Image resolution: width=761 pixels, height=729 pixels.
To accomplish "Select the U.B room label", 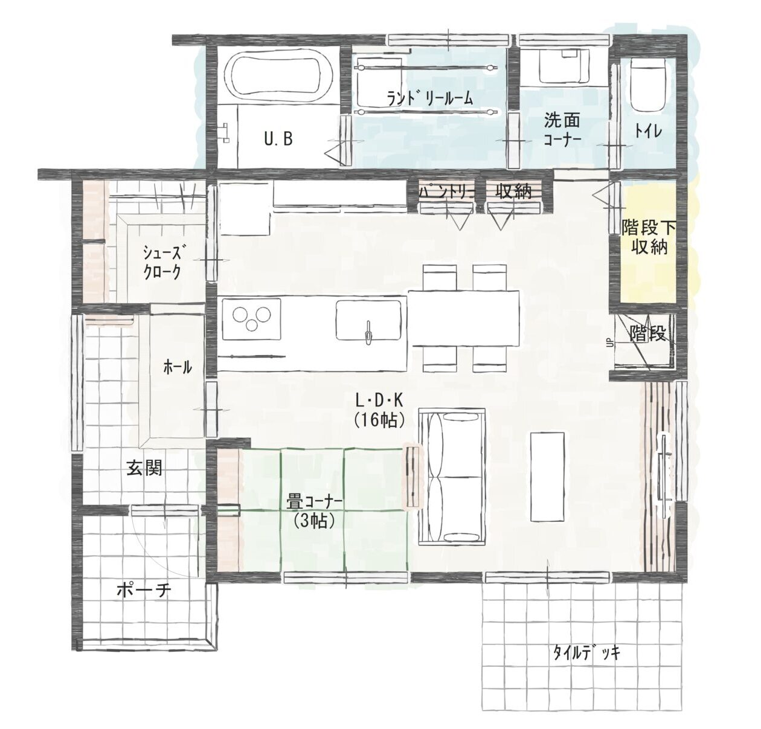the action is pyautogui.click(x=278, y=138).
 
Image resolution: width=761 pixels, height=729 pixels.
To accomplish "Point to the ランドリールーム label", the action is pyautogui.click(x=429, y=98).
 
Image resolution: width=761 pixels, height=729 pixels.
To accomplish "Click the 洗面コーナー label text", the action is pyautogui.click(x=562, y=129).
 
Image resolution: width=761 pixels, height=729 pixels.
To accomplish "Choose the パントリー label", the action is pyautogui.click(x=446, y=192).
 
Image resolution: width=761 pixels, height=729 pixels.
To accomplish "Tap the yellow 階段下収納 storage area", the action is pyautogui.click(x=649, y=243).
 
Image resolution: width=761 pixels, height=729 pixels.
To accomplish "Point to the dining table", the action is pyautogui.click(x=464, y=318).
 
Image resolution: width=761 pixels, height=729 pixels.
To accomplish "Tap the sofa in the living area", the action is pyautogui.click(x=452, y=477).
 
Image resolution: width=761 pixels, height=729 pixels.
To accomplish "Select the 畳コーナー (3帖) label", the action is pyautogui.click(x=315, y=512).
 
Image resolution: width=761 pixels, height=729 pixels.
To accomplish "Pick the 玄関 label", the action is pyautogui.click(x=144, y=467).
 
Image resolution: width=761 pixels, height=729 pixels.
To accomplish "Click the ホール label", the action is pyautogui.click(x=178, y=367).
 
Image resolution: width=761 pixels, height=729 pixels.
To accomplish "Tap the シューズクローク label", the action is pyautogui.click(x=162, y=262).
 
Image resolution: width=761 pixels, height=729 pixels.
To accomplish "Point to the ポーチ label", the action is pyautogui.click(x=144, y=591).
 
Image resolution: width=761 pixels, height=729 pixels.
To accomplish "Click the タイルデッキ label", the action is pyautogui.click(x=586, y=652).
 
